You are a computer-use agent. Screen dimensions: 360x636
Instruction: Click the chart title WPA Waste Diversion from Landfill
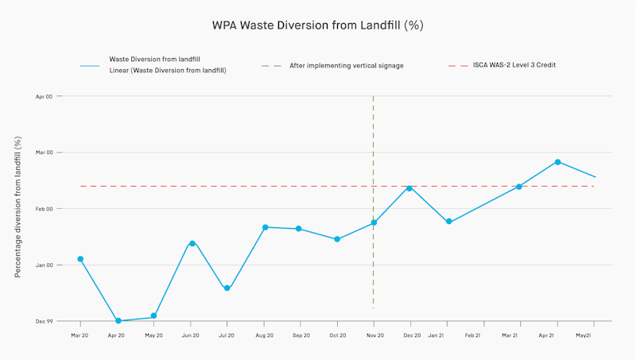[317, 25]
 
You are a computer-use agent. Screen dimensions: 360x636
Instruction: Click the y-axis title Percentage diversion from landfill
[17, 207]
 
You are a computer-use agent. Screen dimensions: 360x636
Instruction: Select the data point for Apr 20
[118, 321]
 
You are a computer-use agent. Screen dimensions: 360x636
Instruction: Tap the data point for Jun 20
[192, 243]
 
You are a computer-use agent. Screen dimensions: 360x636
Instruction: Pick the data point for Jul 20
[227, 288]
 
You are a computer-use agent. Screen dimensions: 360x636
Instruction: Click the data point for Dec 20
[409, 188]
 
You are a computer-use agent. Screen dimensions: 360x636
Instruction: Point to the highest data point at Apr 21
[558, 162]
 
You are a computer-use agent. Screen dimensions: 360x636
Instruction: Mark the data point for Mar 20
[80, 259]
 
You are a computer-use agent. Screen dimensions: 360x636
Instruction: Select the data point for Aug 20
[265, 227]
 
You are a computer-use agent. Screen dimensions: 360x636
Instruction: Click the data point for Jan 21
[449, 222]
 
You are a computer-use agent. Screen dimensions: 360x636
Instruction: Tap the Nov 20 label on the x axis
[374, 336]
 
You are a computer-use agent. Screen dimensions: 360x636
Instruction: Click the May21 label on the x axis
[583, 336]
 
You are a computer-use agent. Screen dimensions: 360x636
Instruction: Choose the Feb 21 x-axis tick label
[472, 336]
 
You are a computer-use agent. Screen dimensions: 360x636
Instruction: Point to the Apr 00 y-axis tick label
[43, 96]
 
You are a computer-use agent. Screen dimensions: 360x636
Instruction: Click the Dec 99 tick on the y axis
[43, 321]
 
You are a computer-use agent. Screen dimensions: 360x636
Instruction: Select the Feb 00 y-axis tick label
[43, 209]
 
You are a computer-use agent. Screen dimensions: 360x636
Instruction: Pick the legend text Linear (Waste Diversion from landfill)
[168, 71]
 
